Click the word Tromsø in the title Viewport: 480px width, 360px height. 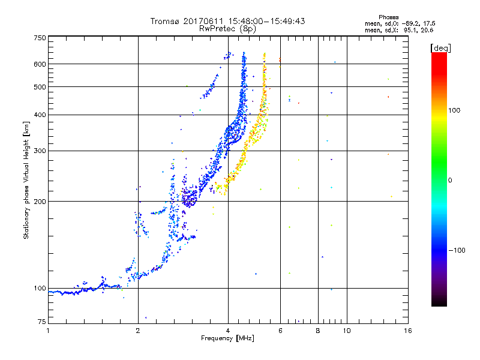pos(166,21)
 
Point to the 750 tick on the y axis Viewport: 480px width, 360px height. pos(40,38)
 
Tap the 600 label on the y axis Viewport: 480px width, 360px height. pos(40,64)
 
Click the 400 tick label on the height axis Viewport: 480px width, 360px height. pos(40,115)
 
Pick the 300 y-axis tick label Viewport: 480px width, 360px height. pos(40,151)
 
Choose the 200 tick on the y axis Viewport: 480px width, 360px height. pos(40,202)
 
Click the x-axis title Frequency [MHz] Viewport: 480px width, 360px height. pos(228,339)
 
